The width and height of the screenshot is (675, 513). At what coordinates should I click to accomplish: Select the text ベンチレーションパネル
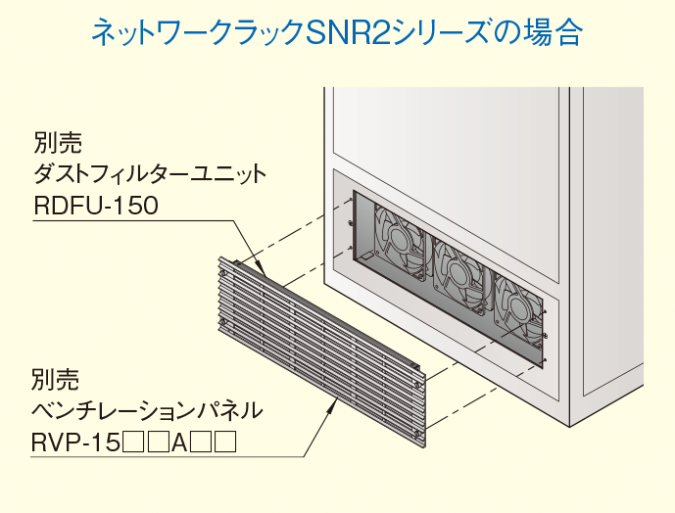(x=147, y=408)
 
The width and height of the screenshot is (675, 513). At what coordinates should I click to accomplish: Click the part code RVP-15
(x=74, y=443)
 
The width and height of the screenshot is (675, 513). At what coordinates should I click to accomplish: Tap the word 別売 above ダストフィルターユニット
(x=55, y=143)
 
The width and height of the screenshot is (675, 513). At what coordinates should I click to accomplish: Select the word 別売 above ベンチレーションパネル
(x=54, y=377)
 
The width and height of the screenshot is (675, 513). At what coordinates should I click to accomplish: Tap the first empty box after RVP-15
(x=133, y=443)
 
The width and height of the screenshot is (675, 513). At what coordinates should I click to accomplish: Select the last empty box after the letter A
(x=225, y=443)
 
